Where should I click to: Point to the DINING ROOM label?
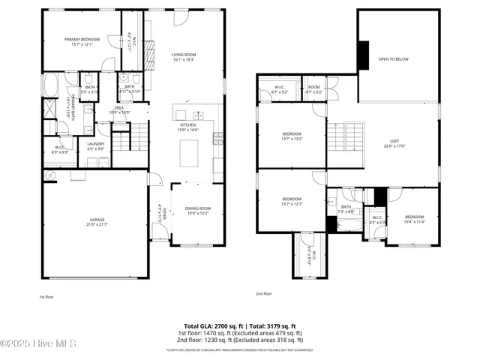click(198, 208)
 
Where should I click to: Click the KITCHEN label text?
click(187, 124)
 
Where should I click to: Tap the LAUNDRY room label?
click(95, 143)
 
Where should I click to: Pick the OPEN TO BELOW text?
click(393, 58)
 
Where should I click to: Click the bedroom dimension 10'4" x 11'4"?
click(415, 222)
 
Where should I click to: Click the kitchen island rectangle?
click(187, 151)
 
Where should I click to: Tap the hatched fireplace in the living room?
click(149, 52)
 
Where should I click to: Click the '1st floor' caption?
click(48, 296)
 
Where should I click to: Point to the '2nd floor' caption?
click(263, 293)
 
